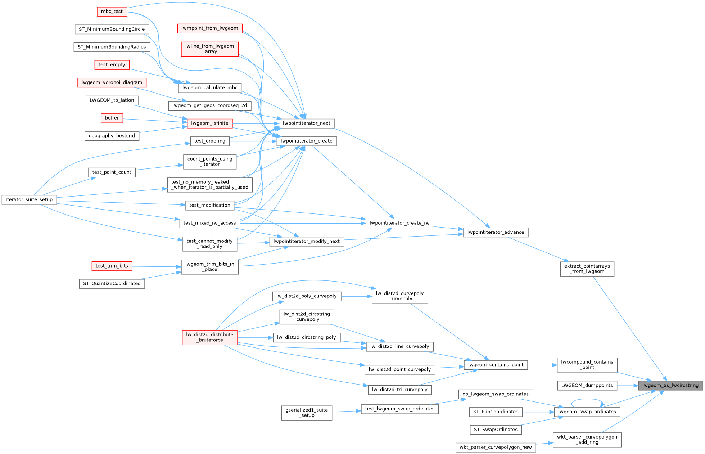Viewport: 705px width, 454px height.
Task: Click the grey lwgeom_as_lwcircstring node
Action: click(x=670, y=385)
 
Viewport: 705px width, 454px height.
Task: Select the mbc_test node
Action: click(x=112, y=12)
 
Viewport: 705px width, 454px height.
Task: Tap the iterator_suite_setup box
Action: click(x=29, y=199)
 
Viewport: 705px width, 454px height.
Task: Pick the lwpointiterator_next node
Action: click(x=306, y=123)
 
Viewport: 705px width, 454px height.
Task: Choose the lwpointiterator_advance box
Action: click(x=496, y=232)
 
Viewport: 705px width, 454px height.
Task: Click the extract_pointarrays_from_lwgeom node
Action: click(x=587, y=269)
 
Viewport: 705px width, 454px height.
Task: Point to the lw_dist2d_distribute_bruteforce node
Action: click(x=209, y=337)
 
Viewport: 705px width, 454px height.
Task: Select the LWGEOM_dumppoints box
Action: click(x=587, y=385)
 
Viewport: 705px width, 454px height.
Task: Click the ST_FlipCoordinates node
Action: click(x=496, y=412)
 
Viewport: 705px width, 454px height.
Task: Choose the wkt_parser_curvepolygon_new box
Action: click(x=496, y=448)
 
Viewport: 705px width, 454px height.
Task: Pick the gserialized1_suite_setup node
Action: click(x=307, y=413)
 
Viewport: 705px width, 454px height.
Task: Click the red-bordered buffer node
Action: click(x=112, y=118)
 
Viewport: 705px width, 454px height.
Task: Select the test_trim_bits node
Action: click(x=112, y=266)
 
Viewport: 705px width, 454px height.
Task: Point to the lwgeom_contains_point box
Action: click(x=496, y=365)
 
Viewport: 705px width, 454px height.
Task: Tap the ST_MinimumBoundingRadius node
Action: click(x=112, y=47)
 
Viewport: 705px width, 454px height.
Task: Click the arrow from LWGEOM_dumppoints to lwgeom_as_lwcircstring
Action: click(x=628, y=385)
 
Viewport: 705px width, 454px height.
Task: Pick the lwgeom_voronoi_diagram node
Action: click(x=112, y=82)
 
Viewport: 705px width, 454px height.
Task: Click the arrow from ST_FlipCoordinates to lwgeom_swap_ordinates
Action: click(x=538, y=412)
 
